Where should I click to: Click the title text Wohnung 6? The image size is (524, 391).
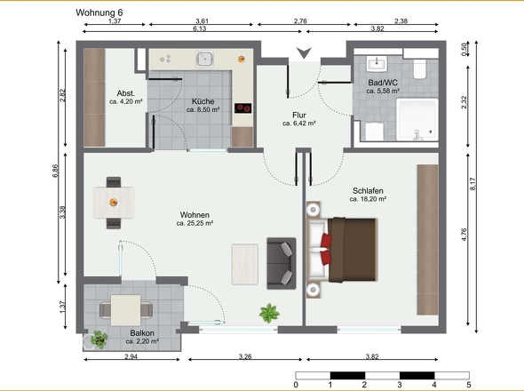[x=99, y=12]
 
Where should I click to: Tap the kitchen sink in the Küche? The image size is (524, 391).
[x=204, y=59]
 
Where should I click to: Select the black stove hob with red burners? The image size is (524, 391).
[x=243, y=108]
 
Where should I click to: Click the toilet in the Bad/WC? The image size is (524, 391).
[x=420, y=69]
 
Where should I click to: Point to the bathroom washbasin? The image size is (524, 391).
[x=377, y=64]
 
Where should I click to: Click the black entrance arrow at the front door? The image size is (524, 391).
[x=304, y=52]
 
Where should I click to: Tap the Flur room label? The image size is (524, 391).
[x=299, y=115]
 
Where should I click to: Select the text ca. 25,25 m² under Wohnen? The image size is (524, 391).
[x=195, y=223]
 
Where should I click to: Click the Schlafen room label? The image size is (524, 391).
[x=368, y=191]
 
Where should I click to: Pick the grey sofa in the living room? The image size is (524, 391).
[x=282, y=263]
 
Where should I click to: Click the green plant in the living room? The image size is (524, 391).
[x=269, y=313]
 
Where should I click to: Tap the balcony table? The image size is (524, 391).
[x=125, y=310]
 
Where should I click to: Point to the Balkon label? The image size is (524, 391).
[x=142, y=333]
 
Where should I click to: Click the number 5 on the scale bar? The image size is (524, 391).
[x=469, y=385]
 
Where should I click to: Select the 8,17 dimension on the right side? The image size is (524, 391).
[x=472, y=184]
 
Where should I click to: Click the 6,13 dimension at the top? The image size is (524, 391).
[x=200, y=28]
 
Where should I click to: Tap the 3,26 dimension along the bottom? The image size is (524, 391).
[x=245, y=356]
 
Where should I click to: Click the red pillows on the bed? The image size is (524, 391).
[x=326, y=249]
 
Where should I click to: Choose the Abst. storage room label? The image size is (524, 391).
[x=126, y=93]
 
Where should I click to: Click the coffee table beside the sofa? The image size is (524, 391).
[x=245, y=264]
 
